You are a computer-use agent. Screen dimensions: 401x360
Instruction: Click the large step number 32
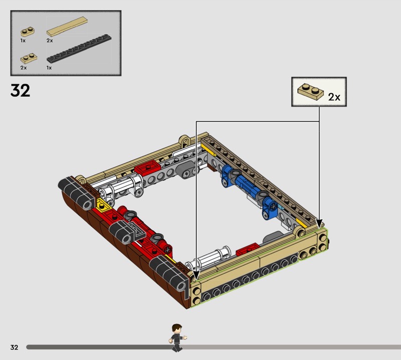(x=20, y=91)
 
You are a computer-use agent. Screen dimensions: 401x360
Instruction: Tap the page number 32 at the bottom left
(x=15, y=347)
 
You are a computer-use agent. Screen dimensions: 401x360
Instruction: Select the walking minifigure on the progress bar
(x=177, y=338)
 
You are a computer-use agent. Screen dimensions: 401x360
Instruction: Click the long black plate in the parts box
(x=79, y=48)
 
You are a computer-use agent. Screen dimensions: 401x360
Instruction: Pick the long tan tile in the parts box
(x=67, y=27)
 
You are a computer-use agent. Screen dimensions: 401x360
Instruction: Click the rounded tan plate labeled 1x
(x=28, y=32)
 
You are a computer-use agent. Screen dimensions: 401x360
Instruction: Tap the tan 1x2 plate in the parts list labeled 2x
(x=29, y=58)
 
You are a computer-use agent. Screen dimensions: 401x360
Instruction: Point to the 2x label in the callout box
(x=334, y=97)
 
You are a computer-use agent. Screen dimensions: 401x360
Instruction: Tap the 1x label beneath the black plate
(x=49, y=68)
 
